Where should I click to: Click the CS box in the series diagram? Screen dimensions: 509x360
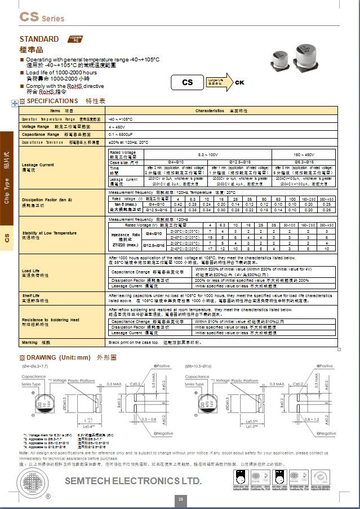187,82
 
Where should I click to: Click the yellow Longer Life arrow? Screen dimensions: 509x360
216,82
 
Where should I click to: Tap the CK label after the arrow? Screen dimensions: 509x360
239,82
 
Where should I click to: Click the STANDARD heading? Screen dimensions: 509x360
39,39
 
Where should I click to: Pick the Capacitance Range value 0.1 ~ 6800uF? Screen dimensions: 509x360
121,135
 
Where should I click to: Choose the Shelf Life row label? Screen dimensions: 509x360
31,295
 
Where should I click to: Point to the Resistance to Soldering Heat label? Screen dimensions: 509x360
50,320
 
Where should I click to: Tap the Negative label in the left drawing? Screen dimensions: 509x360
163,433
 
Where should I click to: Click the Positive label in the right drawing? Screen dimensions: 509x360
322,366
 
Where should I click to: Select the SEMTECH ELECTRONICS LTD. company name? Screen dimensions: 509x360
133,481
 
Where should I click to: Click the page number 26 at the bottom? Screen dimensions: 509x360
181,499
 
